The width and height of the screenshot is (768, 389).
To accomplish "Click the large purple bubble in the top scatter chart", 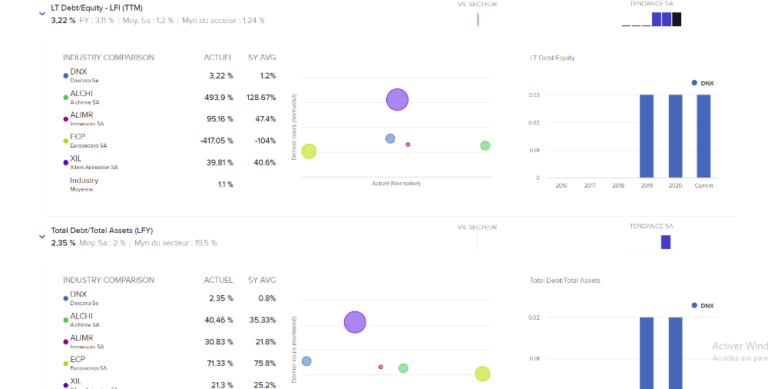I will click(397, 99).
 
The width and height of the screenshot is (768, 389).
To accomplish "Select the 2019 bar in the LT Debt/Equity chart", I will click(647, 135).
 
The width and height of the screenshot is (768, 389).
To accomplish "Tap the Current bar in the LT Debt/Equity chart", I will click(703, 135).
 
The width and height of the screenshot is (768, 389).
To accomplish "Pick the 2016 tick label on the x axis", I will click(561, 185).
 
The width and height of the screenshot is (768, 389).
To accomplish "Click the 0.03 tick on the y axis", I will click(534, 95).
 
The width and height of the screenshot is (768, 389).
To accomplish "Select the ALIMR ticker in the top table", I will click(81, 115).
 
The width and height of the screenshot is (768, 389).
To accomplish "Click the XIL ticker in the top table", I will click(76, 158).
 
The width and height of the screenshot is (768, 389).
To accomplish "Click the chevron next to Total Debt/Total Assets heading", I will click(42, 237).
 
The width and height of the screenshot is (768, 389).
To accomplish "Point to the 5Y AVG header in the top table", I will click(262, 58).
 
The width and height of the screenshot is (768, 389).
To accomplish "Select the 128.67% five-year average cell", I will click(261, 98).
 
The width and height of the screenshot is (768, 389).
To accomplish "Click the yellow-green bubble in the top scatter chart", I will click(309, 151).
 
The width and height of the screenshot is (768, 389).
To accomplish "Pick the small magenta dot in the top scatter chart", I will click(408, 145).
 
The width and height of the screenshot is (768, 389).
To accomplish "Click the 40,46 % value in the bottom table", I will click(220, 320).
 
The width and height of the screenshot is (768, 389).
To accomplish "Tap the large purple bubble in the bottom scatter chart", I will click(355, 322).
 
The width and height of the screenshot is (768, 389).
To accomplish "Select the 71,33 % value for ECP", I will click(220, 363).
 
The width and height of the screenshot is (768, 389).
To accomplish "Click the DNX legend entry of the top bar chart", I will click(703, 82).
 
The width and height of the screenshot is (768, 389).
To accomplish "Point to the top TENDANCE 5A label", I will click(651, 4).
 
